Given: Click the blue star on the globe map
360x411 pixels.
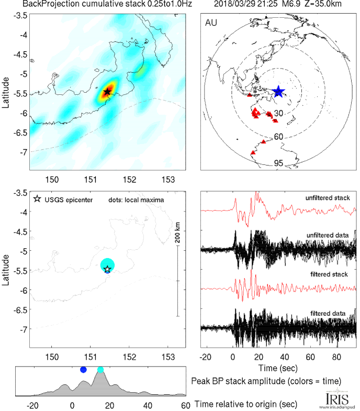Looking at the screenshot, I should (x=278, y=92).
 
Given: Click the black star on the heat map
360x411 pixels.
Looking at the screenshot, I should (x=107, y=92).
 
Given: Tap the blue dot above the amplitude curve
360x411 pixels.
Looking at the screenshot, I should (x=83, y=370).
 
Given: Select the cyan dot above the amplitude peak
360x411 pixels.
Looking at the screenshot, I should (x=100, y=370).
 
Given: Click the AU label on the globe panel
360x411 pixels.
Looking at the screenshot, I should (x=212, y=24).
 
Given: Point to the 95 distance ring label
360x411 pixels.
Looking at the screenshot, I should (x=279, y=164).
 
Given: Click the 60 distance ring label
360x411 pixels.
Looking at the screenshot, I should (x=279, y=137).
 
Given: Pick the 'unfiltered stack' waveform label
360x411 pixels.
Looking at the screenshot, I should (x=328, y=197).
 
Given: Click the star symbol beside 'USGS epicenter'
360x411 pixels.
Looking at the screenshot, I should (x=37, y=199).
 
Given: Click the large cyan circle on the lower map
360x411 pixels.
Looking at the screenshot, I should (x=107, y=264).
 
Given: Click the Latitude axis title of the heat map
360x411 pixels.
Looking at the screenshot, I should (x=6, y=93).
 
